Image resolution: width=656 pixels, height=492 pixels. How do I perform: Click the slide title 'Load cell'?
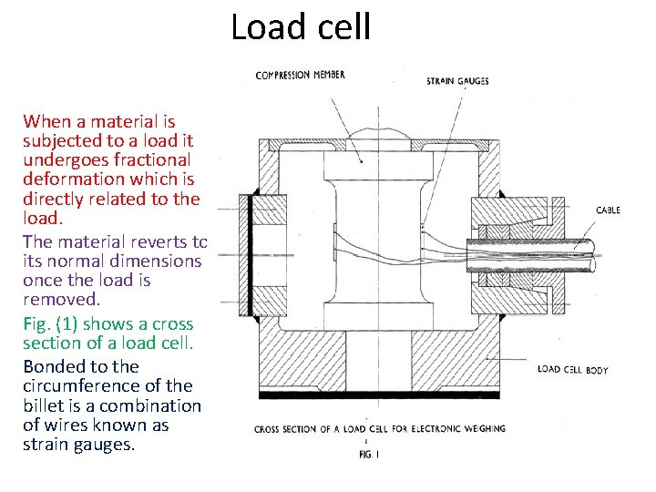pos(301,26)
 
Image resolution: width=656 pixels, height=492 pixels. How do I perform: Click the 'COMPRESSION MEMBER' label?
pos(300,75)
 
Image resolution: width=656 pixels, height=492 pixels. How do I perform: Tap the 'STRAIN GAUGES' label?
pos(457,81)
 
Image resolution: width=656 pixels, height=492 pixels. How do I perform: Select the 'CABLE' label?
pos(608,210)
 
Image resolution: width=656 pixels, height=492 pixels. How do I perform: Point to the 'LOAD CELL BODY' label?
pos(572,369)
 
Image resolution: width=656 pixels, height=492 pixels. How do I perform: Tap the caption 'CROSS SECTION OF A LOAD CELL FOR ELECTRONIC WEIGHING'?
pos(379,428)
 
